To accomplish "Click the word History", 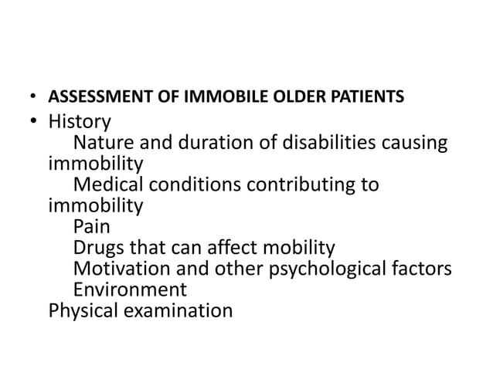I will [x=80, y=122].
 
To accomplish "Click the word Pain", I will [x=92, y=228].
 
